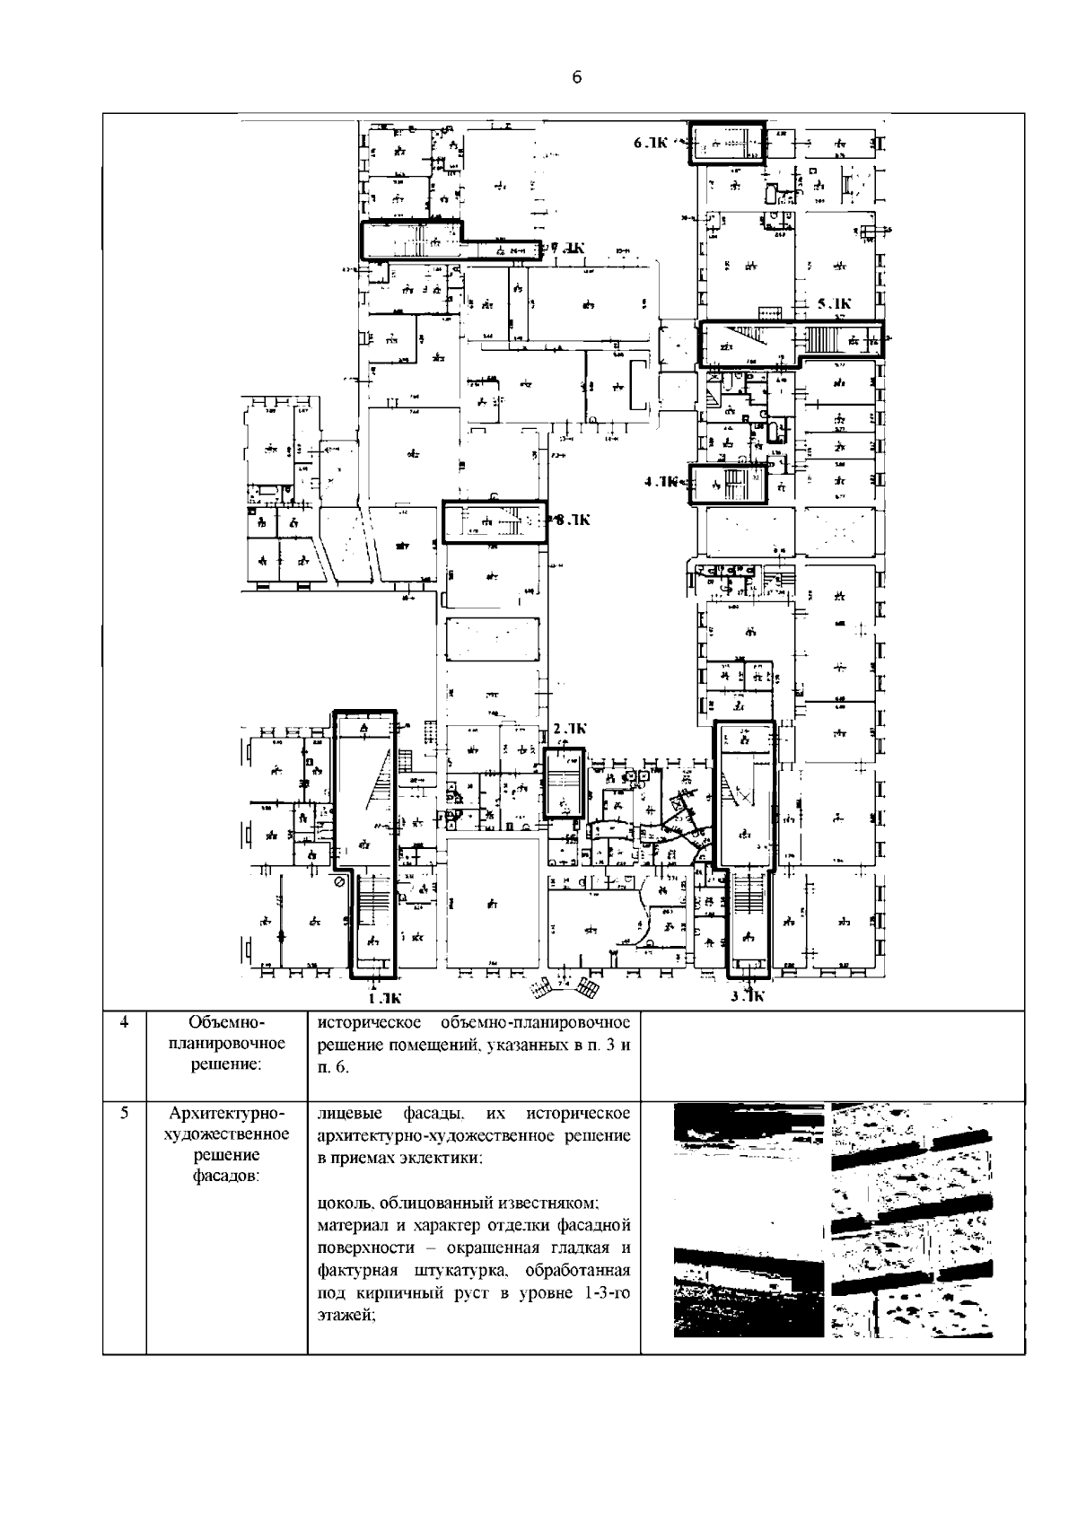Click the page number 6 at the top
577,78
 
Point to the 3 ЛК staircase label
747,995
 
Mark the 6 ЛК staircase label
652,143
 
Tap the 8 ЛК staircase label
572,520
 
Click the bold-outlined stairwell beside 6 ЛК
726,144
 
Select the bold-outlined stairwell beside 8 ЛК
495,522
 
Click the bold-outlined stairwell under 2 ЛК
565,783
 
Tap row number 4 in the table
124,1022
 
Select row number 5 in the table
124,1114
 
